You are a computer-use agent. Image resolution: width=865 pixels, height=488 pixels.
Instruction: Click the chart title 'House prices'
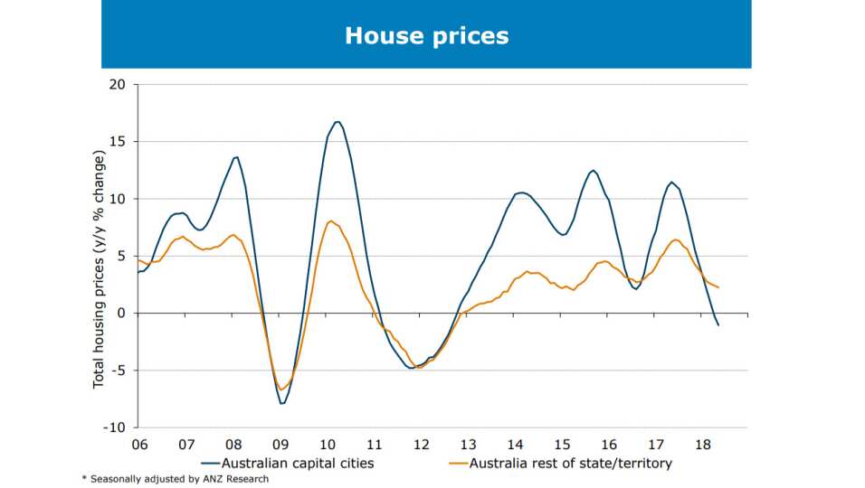[x=426, y=35]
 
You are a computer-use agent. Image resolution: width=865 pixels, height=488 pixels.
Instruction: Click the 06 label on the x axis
[x=139, y=445]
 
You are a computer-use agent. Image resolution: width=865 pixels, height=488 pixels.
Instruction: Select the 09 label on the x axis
[x=280, y=445]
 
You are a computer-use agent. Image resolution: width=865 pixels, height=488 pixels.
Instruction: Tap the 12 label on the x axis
[x=421, y=445]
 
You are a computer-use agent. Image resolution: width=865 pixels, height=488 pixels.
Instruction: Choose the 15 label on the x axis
[x=561, y=445]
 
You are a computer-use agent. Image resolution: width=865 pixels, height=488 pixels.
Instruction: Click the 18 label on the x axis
[x=701, y=445]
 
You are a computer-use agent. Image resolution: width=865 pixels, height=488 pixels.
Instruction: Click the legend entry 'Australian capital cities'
[x=290, y=463]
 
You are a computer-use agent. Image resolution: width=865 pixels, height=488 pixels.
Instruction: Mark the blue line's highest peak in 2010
[x=337, y=121]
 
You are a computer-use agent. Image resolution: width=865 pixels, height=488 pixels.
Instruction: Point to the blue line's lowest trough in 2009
[x=282, y=403]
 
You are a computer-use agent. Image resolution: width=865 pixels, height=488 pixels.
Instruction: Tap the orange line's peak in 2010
[x=330, y=221]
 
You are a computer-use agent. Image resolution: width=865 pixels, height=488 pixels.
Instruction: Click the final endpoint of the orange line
[x=718, y=287]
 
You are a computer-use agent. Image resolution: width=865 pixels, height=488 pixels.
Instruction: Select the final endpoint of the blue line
[x=718, y=325]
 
